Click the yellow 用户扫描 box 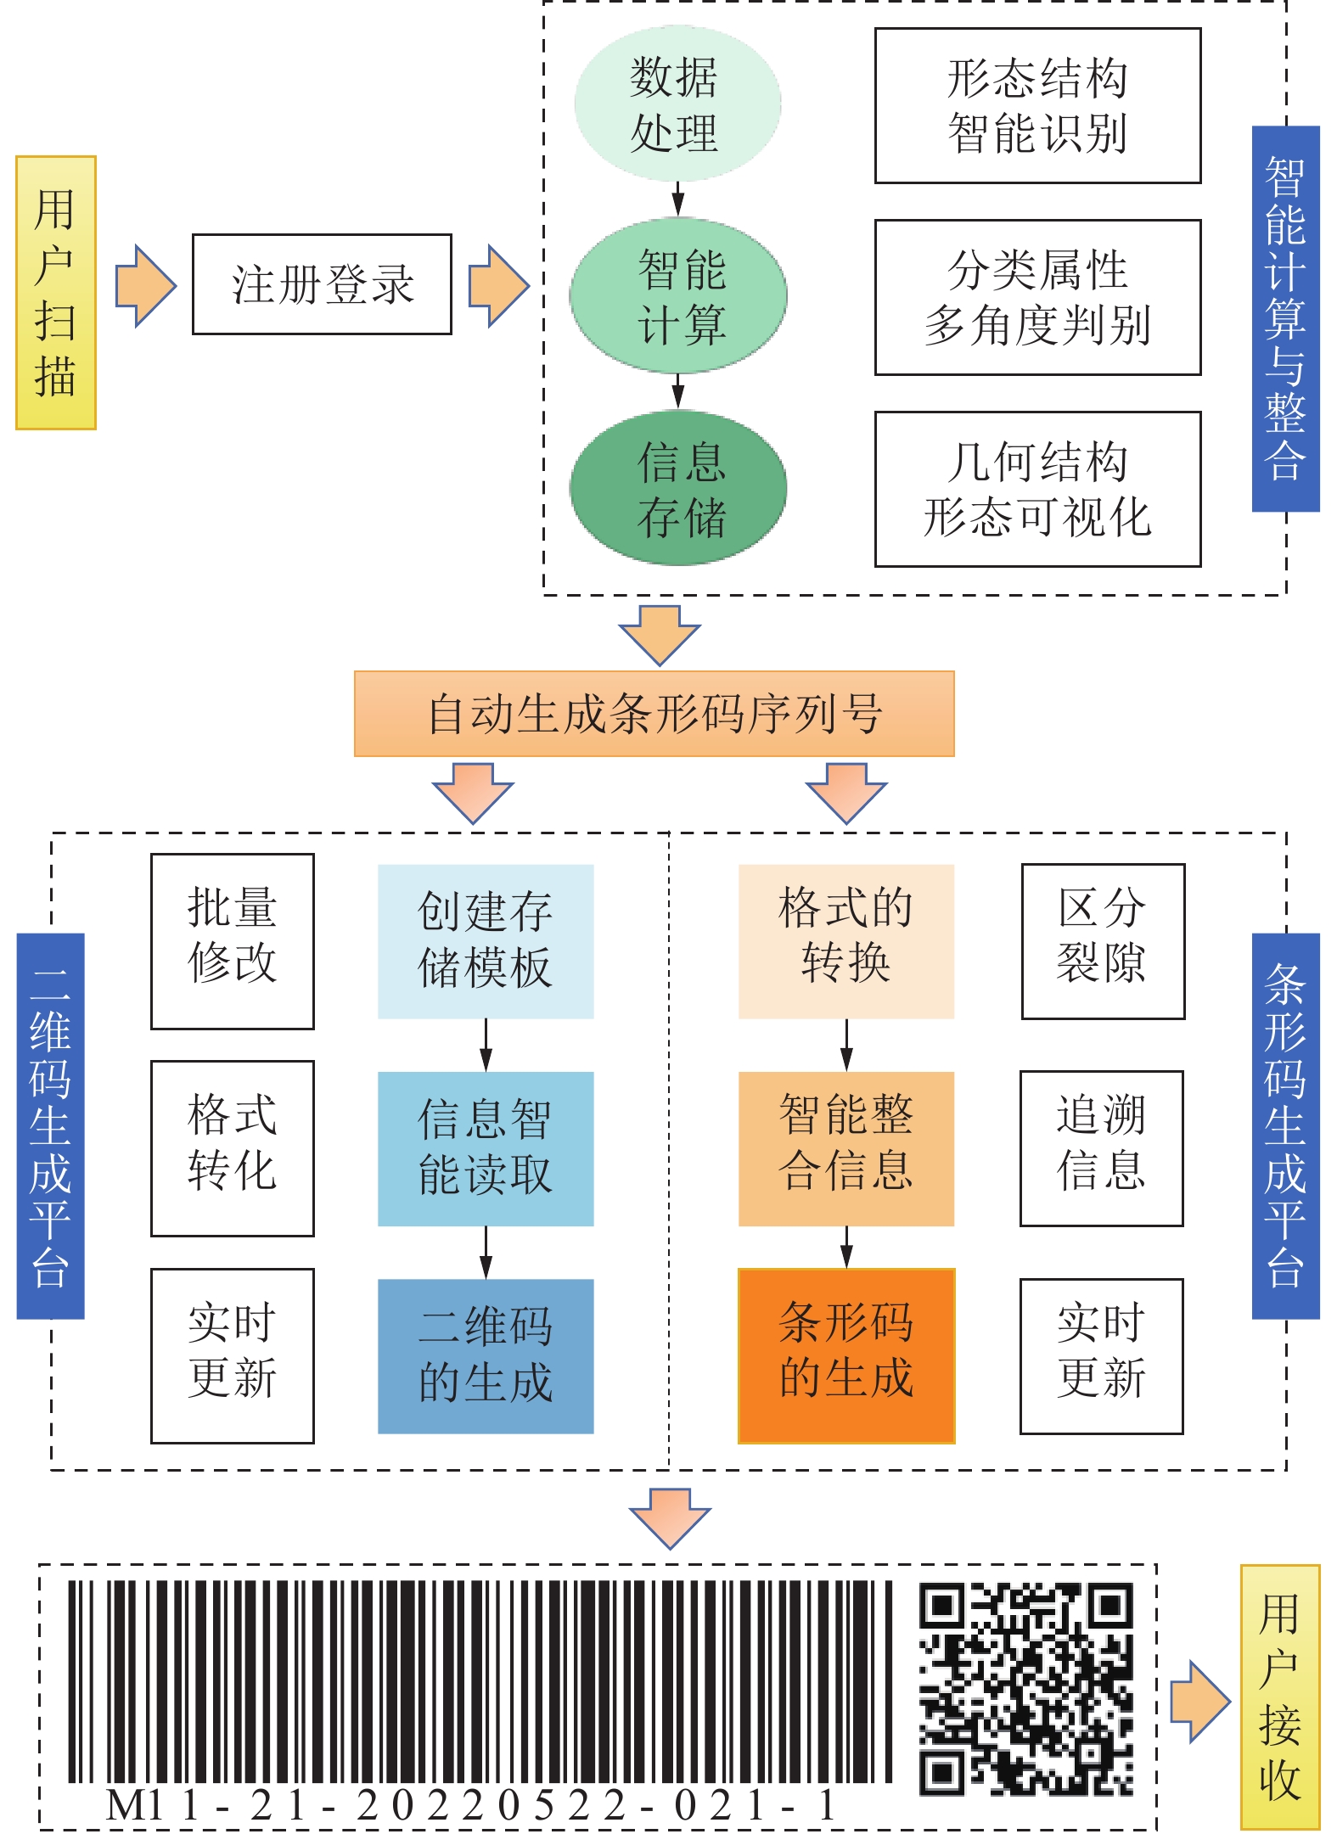56,293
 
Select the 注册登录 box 322,284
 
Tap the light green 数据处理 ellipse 677,104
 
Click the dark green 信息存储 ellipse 678,489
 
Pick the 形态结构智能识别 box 1037,106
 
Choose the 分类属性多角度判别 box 1037,297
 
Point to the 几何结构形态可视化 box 1037,489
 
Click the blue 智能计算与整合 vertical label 1285,318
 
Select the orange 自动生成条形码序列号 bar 654,714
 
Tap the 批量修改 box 232,941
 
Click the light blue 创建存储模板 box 485,941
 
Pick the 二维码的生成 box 485,1355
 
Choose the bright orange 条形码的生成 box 846,1355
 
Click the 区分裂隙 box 1103,941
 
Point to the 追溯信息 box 1101,1148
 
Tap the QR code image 1025,1689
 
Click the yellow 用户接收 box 1280,1697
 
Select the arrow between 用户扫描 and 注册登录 145,286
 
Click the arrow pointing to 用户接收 1199,1702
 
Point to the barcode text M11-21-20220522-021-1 471,1805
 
